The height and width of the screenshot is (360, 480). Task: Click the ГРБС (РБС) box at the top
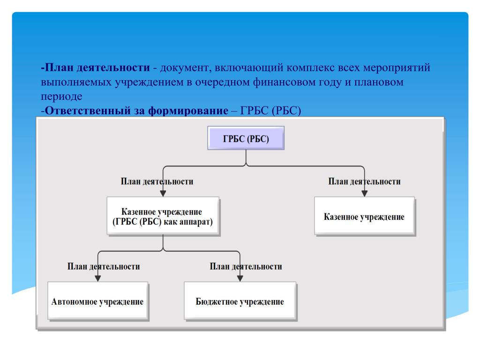click(246, 138)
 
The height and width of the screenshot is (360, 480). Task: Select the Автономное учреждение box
click(97, 301)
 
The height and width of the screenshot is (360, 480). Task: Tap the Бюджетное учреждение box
click(240, 301)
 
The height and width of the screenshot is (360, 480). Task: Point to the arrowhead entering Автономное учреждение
click(97, 278)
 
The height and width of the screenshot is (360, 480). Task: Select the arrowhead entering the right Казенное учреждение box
click(364, 193)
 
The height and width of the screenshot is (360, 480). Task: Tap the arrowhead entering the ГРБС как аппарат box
click(163, 193)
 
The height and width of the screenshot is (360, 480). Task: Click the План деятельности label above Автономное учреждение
click(103, 266)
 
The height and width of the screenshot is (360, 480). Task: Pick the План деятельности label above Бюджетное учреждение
click(246, 266)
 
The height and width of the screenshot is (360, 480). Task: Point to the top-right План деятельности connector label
click(364, 181)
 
